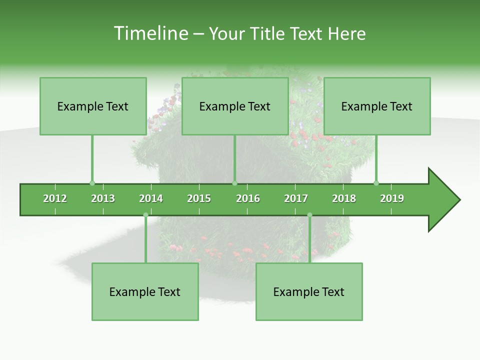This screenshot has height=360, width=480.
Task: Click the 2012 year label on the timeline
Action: pyautogui.click(x=55, y=199)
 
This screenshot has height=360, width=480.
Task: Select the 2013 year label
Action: pyautogui.click(x=103, y=199)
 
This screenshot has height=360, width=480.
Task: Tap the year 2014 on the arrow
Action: pyautogui.click(x=151, y=199)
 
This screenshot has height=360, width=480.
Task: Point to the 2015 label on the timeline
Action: pyautogui.click(x=199, y=199)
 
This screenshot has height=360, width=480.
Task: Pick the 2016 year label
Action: pyautogui.click(x=248, y=199)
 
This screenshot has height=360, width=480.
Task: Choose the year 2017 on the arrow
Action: pyautogui.click(x=296, y=199)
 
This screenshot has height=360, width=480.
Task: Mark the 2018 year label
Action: pyautogui.click(x=344, y=199)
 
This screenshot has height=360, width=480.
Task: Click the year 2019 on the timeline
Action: pyautogui.click(x=392, y=199)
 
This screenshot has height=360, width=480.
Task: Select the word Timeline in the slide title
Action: pyautogui.click(x=150, y=33)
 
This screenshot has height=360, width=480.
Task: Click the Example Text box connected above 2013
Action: pyautogui.click(x=93, y=106)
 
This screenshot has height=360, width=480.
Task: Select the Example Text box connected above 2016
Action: pyautogui.click(x=235, y=106)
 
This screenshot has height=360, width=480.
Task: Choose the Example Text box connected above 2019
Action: pyautogui.click(x=377, y=106)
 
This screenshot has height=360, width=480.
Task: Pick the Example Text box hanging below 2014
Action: pyautogui.click(x=145, y=292)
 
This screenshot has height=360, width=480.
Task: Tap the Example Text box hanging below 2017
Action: pyautogui.click(x=309, y=292)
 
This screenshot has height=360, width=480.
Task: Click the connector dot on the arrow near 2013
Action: pyautogui.click(x=92, y=183)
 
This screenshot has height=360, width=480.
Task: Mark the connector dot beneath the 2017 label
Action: pyautogui.click(x=309, y=215)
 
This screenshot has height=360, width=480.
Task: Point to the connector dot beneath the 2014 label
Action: pyautogui.click(x=145, y=215)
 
